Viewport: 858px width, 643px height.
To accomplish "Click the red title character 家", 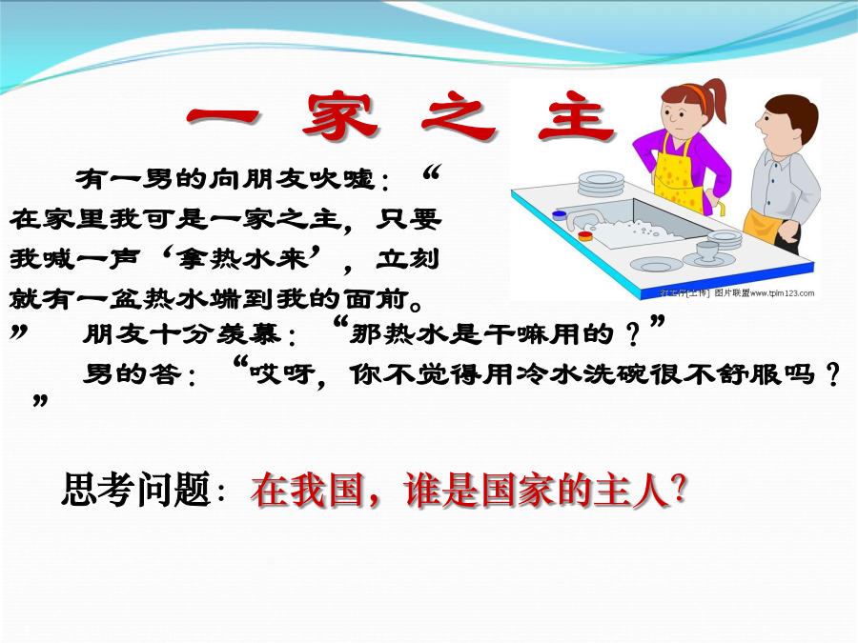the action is pyautogui.click(x=339, y=116).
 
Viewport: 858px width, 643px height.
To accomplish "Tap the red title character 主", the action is pyautogui.click(x=576, y=116).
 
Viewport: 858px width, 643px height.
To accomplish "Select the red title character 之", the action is pyautogui.click(x=459, y=116).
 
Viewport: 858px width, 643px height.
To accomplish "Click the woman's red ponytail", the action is pyautogui.click(x=716, y=100).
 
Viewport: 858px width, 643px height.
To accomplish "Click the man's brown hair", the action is pyautogui.click(x=794, y=113).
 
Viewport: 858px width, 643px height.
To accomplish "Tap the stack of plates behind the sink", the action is pyautogui.click(x=601, y=183).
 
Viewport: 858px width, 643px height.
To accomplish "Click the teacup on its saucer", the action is pyautogui.click(x=707, y=253).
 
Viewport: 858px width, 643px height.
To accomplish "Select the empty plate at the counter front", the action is pyautogui.click(x=656, y=264).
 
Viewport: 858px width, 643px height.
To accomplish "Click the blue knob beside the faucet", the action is pyautogui.click(x=560, y=215).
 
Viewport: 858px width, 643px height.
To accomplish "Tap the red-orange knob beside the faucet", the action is pyautogui.click(x=585, y=235).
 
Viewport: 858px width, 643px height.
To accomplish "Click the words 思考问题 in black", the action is pyautogui.click(x=136, y=490).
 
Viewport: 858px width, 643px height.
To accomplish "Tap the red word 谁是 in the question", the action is pyautogui.click(x=441, y=490).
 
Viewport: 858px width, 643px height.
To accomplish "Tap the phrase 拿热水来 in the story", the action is pyautogui.click(x=242, y=258).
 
